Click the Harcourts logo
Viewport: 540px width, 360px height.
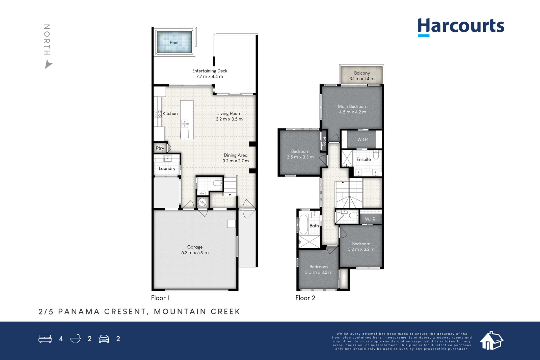tap(461, 27)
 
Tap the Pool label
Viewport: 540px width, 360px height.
tap(174, 43)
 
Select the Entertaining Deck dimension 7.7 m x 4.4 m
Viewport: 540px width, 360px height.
tap(210, 77)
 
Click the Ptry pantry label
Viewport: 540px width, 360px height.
tap(160, 148)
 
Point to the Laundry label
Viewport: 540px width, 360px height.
tap(167, 168)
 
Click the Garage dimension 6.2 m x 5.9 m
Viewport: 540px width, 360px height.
tap(195, 253)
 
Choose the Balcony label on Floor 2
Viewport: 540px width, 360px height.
tap(362, 73)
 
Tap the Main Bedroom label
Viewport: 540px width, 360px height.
tap(352, 106)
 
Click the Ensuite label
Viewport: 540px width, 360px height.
tap(363, 159)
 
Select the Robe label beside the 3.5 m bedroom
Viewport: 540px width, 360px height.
tap(324, 141)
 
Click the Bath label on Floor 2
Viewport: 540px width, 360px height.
tap(314, 226)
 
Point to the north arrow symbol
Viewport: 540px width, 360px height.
tap(49, 64)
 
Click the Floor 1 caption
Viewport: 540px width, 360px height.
tap(160, 298)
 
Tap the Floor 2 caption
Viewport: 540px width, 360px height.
tap(305, 298)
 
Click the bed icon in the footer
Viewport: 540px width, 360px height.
tap(45, 338)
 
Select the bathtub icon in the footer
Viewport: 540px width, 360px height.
tap(75, 338)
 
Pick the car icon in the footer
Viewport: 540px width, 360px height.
tap(104, 339)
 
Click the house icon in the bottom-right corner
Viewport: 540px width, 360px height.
tap(491, 341)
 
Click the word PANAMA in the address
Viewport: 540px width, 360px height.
tap(79, 311)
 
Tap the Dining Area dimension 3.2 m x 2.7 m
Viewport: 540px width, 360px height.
tap(236, 161)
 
